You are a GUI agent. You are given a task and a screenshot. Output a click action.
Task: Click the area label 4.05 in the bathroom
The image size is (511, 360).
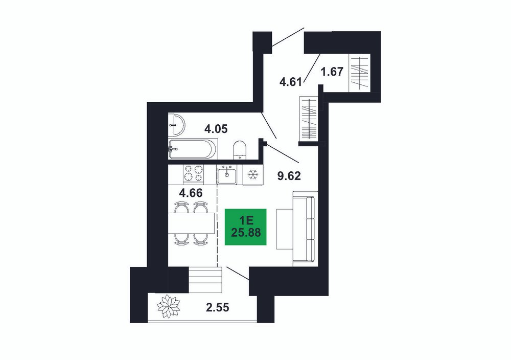click(216, 129)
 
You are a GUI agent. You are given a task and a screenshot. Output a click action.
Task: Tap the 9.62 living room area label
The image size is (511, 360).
click(289, 176)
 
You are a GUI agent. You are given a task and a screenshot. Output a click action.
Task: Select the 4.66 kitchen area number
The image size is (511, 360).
click(191, 193)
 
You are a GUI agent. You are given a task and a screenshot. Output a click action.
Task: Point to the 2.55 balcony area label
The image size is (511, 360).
click(217, 307)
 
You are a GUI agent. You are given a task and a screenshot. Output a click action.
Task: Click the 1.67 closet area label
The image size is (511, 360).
click(332, 72)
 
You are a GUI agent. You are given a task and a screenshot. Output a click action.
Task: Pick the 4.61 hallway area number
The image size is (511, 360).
click(291, 82)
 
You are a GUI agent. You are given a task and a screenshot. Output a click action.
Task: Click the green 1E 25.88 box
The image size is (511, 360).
click(246, 227)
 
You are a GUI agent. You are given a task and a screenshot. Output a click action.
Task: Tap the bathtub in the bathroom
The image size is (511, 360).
click(192, 149)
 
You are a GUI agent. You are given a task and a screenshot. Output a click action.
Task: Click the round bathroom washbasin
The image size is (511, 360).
click(176, 125)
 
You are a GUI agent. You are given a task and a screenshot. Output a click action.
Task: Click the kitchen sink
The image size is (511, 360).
click(227, 174)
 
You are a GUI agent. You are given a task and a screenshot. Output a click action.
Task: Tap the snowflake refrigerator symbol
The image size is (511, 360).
click(252, 175)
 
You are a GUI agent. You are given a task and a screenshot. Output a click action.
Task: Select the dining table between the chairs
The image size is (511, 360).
click(191, 223)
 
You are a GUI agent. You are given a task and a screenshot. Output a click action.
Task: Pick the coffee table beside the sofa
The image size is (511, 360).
click(284, 229)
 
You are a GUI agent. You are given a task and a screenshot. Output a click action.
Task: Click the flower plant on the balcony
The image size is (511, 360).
click(168, 306)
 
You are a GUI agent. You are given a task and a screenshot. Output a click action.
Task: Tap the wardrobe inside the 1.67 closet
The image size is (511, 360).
click(359, 73)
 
